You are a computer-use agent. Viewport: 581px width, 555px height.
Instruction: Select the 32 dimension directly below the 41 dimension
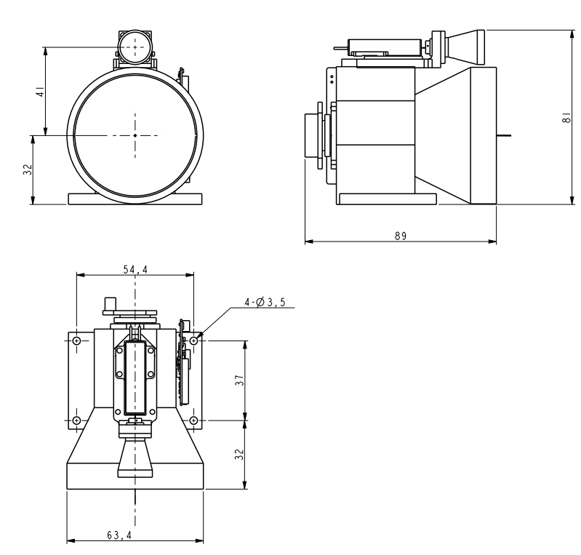pyautogui.click(x=28, y=169)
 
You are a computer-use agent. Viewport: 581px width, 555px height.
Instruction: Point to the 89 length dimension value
pyautogui.click(x=399, y=236)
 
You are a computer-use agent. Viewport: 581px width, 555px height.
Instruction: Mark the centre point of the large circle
pyautogui.click(x=135, y=135)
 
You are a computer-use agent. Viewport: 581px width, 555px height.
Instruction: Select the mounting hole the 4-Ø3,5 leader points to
pyautogui.click(x=194, y=340)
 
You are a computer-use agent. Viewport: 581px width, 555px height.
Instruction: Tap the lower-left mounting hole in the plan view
pyautogui.click(x=76, y=420)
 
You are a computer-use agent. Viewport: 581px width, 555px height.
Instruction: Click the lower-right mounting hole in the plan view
pyautogui.click(x=194, y=420)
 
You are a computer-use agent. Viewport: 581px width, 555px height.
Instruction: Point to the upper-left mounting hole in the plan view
pyautogui.click(x=76, y=340)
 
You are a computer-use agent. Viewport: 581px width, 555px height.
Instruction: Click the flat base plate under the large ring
pyautogui.click(x=135, y=199)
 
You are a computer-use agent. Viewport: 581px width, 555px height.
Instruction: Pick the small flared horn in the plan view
pyautogui.click(x=135, y=458)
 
